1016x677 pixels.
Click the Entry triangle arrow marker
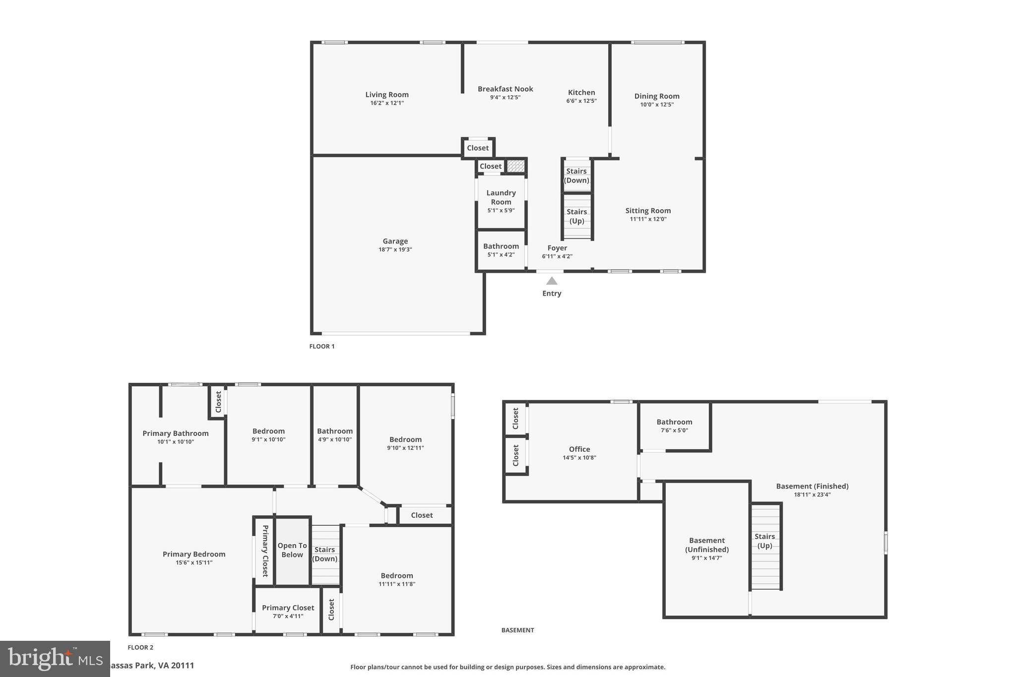coord(552,281)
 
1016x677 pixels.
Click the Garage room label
coord(395,242)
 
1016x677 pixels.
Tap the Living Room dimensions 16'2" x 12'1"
coord(387,103)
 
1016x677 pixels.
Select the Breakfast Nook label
coord(505,89)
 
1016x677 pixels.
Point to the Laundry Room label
coord(501,197)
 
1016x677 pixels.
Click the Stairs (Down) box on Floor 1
coord(576,176)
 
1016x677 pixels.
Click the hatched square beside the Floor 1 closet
coord(515,166)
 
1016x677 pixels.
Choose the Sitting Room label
coord(648,211)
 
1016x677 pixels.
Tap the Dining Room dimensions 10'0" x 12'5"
coord(656,105)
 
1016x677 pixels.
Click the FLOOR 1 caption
coord(322,346)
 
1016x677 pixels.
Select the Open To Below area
coord(292,550)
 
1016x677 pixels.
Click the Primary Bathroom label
coord(176,433)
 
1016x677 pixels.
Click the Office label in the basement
coord(579,449)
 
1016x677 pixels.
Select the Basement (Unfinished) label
coord(707,545)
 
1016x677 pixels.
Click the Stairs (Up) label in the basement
coord(764,541)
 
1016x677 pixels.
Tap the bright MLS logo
coord(55,658)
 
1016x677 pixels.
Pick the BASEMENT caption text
coord(517,630)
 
